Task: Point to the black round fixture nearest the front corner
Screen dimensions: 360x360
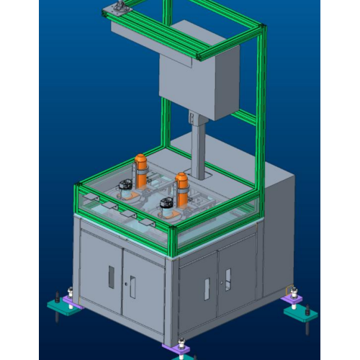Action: pyautogui.click(x=166, y=206)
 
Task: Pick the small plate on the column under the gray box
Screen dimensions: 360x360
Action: pyautogui.click(x=192, y=117)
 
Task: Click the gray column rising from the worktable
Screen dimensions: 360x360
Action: pyautogui.click(x=199, y=148)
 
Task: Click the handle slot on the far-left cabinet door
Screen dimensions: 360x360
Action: pyautogui.click(x=111, y=276)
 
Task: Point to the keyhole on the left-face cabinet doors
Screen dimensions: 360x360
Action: pyautogui.click(x=126, y=283)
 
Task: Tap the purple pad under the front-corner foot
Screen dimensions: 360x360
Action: pyautogui.click(x=179, y=351)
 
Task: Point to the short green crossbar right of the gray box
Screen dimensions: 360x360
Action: pyautogui.click(x=244, y=115)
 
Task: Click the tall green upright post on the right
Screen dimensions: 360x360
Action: pyautogui.click(x=258, y=108)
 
